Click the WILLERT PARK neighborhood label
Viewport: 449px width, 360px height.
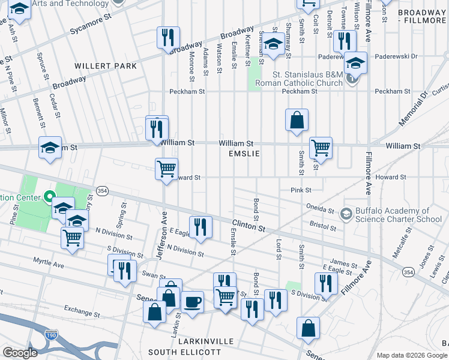tap(106, 66)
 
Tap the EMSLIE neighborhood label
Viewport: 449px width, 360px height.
tap(243, 154)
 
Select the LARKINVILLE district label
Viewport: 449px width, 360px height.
tap(201, 341)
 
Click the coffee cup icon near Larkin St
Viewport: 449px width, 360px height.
tap(193, 302)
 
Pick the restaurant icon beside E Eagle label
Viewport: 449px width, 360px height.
tap(200, 226)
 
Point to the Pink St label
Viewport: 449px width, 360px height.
tap(301, 190)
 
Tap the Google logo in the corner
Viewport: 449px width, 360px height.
tap(20, 352)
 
